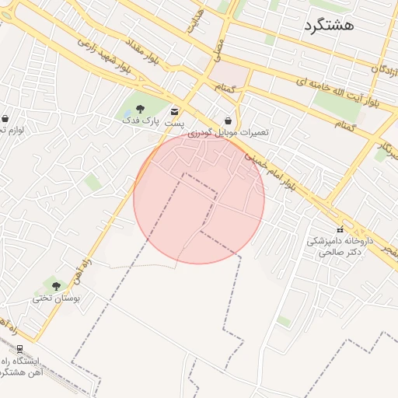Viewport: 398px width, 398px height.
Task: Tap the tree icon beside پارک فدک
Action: (x=140, y=109)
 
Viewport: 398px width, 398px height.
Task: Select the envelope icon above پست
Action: (x=173, y=110)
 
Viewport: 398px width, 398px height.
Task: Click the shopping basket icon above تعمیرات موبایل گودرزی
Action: (x=228, y=120)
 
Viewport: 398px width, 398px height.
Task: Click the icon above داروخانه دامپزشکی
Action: (x=340, y=230)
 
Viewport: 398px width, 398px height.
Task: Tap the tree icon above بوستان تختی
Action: (x=56, y=286)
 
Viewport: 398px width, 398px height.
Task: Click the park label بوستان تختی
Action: (x=53, y=298)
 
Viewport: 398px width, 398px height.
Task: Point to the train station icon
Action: (x=19, y=349)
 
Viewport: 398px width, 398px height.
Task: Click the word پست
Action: (x=173, y=123)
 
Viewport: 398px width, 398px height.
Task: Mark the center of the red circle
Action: (x=199, y=198)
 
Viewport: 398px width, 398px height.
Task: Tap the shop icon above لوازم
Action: (x=5, y=119)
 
